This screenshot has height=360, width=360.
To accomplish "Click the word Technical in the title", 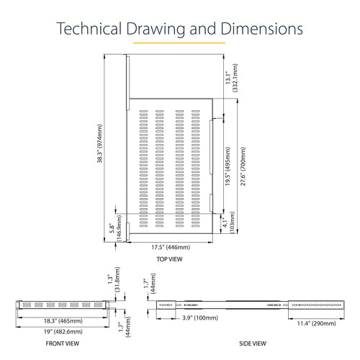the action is (89, 29).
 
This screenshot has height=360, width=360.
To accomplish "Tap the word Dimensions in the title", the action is (261, 29).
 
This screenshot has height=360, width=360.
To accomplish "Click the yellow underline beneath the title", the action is (179, 43).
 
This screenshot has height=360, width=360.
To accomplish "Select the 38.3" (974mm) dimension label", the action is (99, 143).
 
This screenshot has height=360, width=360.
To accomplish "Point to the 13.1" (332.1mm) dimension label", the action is (231, 78).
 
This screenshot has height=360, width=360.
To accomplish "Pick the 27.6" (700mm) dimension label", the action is (243, 166).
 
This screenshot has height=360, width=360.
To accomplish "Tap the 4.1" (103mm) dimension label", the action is (228, 222).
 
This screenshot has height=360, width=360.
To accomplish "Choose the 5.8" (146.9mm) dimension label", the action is (115, 228).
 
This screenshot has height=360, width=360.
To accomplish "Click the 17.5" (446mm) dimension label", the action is (171, 247).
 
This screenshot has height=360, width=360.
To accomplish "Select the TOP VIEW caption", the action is (169, 259).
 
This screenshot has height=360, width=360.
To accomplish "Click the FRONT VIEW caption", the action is (63, 343).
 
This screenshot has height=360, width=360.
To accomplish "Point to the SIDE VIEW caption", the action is (253, 343).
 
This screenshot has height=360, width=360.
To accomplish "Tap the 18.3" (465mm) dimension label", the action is (63, 321).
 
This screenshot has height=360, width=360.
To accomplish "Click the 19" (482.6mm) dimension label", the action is (63, 332).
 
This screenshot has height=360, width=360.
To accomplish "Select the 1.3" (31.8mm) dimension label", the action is (114, 279).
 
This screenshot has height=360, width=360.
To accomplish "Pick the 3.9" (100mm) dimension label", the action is (200, 318).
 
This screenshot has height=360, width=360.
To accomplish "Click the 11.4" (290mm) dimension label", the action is (316, 323).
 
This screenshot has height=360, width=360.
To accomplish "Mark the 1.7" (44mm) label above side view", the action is (150, 284).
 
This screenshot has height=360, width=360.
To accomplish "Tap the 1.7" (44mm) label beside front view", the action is (125, 327).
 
